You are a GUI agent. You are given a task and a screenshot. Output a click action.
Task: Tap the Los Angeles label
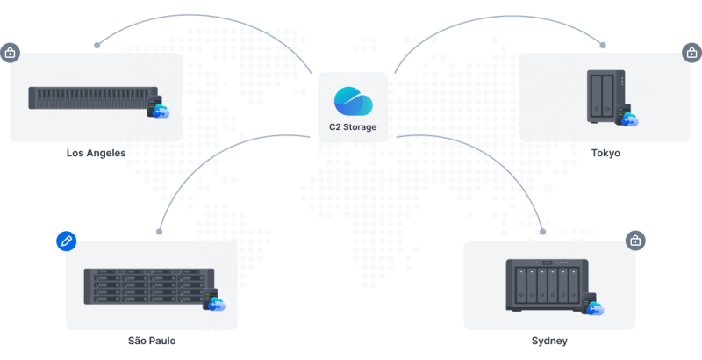(96, 153)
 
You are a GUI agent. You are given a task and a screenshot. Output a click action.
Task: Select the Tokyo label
(605, 153)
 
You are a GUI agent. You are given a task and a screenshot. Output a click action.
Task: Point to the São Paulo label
(151, 341)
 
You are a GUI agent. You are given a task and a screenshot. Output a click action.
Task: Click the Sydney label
(549, 341)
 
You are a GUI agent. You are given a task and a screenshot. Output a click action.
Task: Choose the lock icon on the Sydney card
(635, 240)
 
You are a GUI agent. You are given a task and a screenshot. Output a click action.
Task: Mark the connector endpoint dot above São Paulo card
(159, 232)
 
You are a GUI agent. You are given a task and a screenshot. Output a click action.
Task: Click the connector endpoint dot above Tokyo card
(603, 44)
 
